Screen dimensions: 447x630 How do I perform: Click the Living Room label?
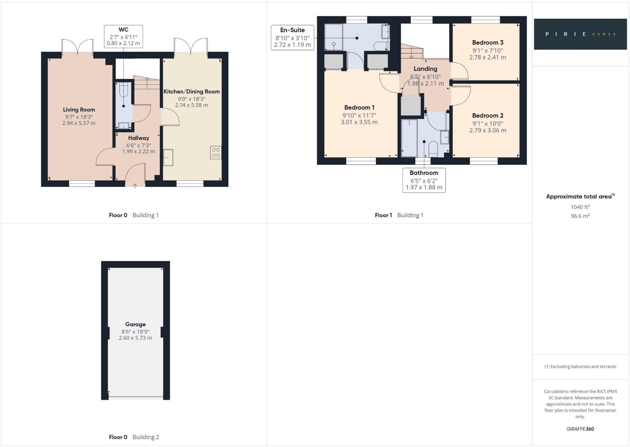(79, 110)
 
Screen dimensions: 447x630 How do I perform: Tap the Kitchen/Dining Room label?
(191, 92)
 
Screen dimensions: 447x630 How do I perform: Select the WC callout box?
(123, 36)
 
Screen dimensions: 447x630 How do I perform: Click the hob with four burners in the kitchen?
(216, 153)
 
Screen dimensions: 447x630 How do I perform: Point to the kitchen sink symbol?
(168, 158)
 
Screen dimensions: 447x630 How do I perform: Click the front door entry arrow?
(135, 186)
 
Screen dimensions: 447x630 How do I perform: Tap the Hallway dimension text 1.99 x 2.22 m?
(138, 151)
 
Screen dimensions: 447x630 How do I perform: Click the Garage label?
(135, 324)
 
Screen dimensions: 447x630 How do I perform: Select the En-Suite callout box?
(292, 38)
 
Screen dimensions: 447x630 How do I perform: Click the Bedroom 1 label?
(359, 108)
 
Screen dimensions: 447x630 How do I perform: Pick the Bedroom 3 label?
(487, 43)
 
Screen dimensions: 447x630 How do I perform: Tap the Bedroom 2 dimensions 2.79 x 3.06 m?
(488, 130)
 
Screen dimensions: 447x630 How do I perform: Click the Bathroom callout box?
(424, 180)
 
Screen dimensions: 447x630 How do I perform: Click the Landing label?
(425, 69)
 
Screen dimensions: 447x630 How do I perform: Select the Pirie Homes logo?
(580, 34)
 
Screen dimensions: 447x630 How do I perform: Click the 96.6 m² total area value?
(580, 216)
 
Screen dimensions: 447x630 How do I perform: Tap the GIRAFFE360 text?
(580, 429)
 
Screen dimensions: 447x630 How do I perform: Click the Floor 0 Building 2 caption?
(134, 437)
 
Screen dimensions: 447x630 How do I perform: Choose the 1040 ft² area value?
(580, 207)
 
